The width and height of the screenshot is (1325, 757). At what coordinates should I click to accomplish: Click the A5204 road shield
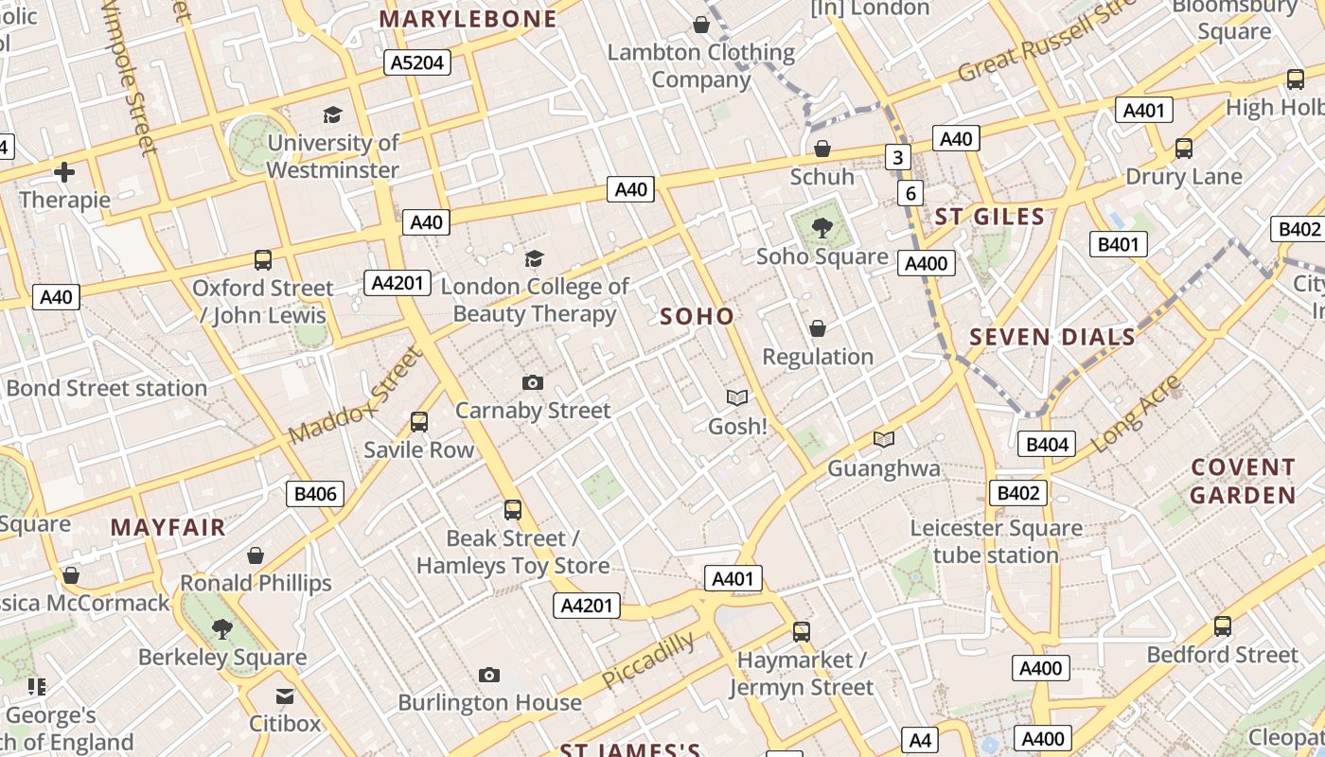pyautogui.click(x=416, y=62)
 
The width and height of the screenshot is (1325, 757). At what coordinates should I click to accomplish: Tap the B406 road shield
pyautogui.click(x=315, y=493)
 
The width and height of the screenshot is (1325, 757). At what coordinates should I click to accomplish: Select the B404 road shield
pyautogui.click(x=1047, y=444)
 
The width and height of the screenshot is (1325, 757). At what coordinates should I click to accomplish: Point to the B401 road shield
pyautogui.click(x=1119, y=245)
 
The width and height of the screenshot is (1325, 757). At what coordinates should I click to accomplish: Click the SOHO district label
pyautogui.click(x=698, y=316)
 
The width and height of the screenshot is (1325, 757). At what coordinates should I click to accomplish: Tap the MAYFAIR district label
pyautogui.click(x=168, y=527)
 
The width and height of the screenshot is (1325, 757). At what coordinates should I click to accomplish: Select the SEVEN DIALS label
pyautogui.click(x=1052, y=337)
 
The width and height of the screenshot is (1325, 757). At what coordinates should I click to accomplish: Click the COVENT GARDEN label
pyautogui.click(x=1243, y=481)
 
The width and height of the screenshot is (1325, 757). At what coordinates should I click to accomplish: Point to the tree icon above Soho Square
pyautogui.click(x=821, y=227)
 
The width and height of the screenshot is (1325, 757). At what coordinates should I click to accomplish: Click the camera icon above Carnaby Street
pyautogui.click(x=533, y=382)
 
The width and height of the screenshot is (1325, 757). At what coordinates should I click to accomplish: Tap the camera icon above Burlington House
pyautogui.click(x=488, y=675)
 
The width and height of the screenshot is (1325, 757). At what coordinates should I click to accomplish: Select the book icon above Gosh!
pyautogui.click(x=736, y=398)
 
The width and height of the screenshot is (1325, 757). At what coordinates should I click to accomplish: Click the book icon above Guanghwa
pyautogui.click(x=883, y=439)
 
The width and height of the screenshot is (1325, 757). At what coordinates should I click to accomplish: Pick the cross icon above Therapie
pyautogui.click(x=64, y=172)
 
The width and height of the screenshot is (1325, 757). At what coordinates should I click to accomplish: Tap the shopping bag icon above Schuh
pyautogui.click(x=821, y=149)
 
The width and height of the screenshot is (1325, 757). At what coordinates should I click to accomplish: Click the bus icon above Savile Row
pyautogui.click(x=418, y=422)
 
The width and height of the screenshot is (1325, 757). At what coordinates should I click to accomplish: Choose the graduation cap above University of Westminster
pyautogui.click(x=332, y=114)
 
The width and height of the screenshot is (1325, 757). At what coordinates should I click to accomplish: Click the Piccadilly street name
pyautogui.click(x=648, y=660)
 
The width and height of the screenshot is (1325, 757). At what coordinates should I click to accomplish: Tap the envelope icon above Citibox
pyautogui.click(x=285, y=696)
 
